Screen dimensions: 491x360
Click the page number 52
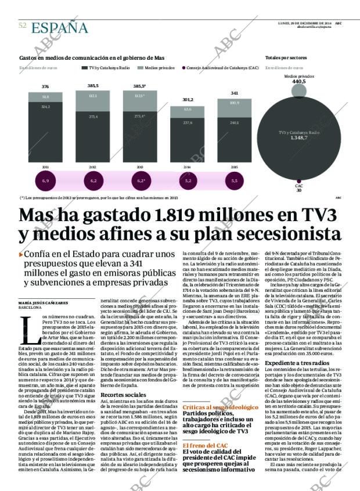point(23,26)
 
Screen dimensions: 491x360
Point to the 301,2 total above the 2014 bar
point(188,100)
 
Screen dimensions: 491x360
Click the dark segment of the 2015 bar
point(234,139)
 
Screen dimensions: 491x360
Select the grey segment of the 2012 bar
point(92,96)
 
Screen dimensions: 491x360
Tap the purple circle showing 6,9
point(45,181)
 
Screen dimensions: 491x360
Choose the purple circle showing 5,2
point(188,181)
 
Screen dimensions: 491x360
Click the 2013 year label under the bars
point(140,167)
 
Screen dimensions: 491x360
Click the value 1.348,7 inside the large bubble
point(299,138)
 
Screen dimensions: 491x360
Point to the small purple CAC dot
point(298,180)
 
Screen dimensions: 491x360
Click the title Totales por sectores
point(286,58)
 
